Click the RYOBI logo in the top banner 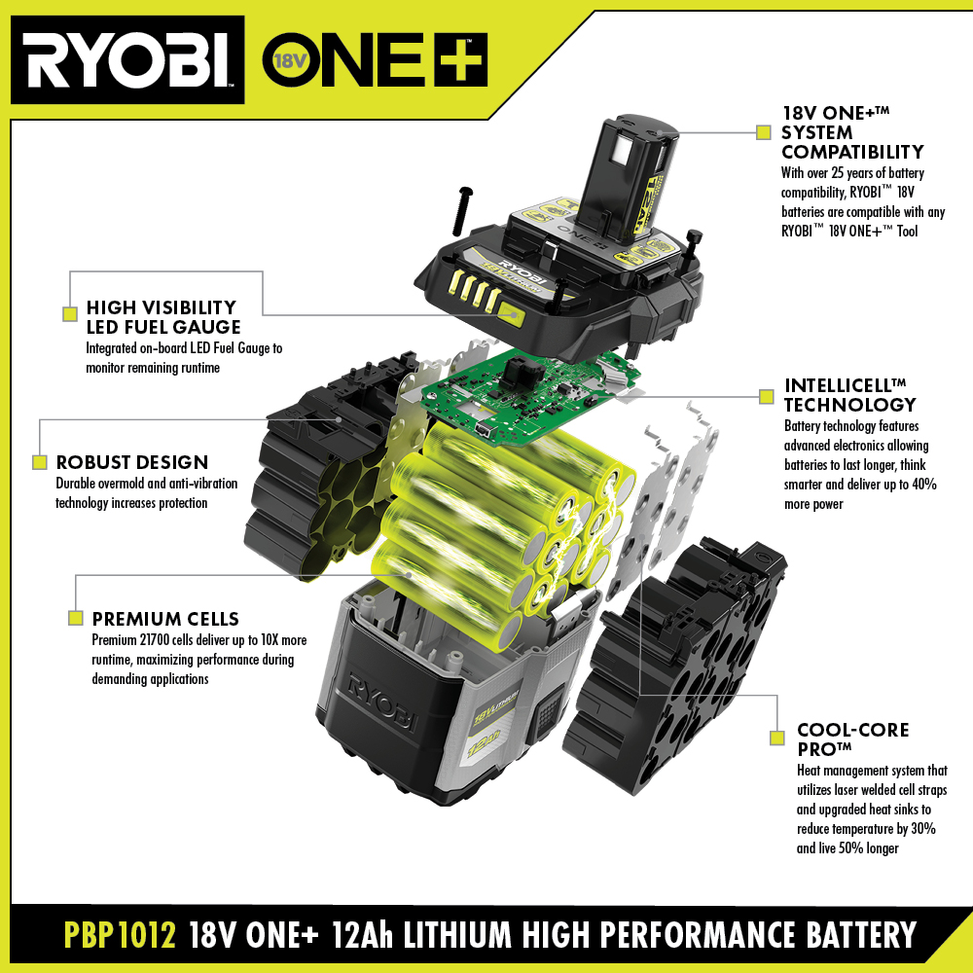[x=127, y=60]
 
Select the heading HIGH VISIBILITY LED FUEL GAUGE [x=162, y=317]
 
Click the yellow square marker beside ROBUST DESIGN [x=40, y=462]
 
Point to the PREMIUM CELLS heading [x=165, y=619]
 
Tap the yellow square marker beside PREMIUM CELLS [x=75, y=618]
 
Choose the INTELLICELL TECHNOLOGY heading [x=849, y=394]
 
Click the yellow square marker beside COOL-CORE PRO [x=776, y=739]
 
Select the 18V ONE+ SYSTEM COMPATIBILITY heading [x=852, y=132]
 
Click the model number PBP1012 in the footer [x=120, y=935]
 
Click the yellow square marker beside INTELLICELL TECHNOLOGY [x=766, y=397]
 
